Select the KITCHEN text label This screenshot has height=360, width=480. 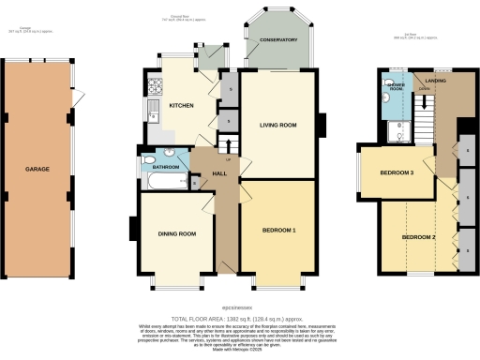[x=181, y=105]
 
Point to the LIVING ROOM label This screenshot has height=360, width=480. [x=277, y=125]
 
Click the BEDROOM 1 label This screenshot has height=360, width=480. [x=278, y=230]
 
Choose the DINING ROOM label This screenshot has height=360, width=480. [x=175, y=233]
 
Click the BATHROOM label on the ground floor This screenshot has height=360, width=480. [x=167, y=167]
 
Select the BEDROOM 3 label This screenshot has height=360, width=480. [x=397, y=173]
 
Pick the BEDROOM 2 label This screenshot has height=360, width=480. [x=419, y=237]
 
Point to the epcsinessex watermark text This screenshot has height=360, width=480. [x=240, y=306]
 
